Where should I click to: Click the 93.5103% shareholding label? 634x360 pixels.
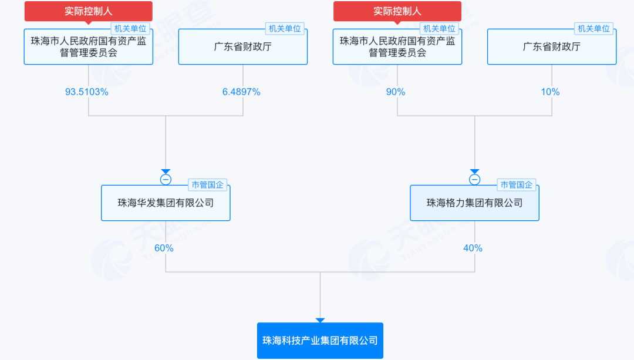point(86,92)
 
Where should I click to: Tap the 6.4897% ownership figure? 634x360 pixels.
point(241,92)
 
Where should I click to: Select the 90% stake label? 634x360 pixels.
point(396,92)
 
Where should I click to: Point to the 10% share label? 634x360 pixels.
point(550,92)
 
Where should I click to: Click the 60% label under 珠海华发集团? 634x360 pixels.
point(164,248)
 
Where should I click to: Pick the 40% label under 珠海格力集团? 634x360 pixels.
point(473,248)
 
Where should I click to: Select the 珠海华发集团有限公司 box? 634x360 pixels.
point(166,203)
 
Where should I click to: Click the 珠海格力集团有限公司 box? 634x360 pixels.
point(475,203)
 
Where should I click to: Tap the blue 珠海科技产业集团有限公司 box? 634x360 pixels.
point(321,341)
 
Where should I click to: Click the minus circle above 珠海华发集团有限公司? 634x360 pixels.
point(166,180)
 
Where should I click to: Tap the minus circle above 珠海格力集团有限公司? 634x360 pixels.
point(475,180)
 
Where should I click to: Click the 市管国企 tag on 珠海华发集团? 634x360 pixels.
point(207,185)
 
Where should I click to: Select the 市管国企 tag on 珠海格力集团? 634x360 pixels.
point(517,185)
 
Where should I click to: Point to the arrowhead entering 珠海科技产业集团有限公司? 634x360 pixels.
point(321,321)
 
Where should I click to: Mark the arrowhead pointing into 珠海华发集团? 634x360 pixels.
point(166,171)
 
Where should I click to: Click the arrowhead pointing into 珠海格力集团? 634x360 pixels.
point(475,171)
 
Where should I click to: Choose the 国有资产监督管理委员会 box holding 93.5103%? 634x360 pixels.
point(89,46)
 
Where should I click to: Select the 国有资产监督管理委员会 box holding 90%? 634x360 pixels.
point(397,46)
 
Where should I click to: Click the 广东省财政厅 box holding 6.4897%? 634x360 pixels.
point(243,46)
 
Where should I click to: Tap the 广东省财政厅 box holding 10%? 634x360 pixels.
point(552,46)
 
